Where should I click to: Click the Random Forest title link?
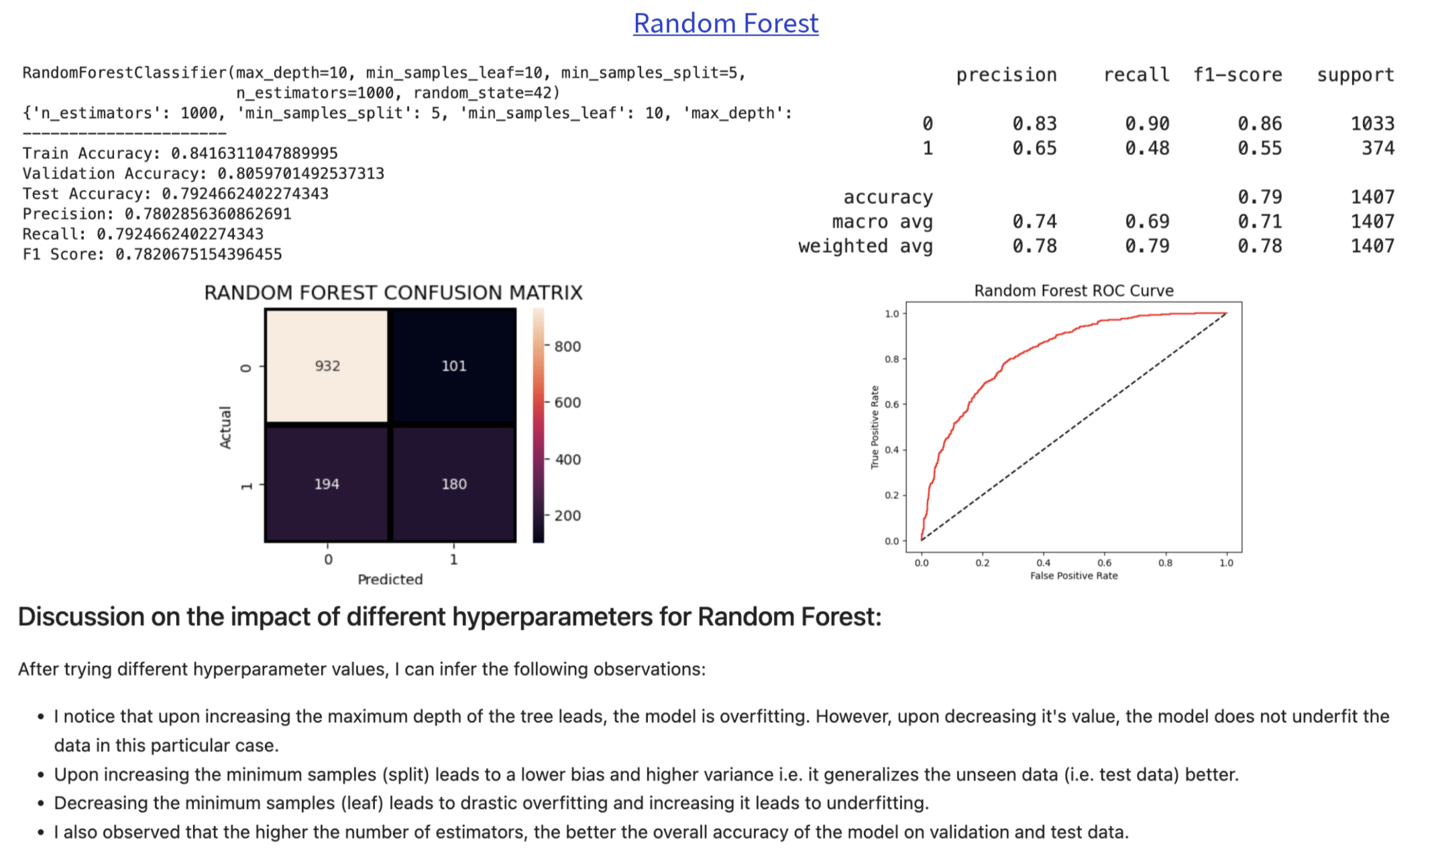[726, 23]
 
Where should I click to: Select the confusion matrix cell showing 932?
[327, 365]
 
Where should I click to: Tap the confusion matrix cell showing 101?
[453, 365]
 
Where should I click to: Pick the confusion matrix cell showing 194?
[327, 484]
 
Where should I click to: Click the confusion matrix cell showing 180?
[453, 484]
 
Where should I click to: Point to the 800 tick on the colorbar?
[567, 346]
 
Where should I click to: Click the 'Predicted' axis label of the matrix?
[390, 579]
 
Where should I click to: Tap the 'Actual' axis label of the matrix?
[225, 427]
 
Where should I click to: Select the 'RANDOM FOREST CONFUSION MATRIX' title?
[393, 292]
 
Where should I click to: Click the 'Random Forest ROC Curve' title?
[1074, 290]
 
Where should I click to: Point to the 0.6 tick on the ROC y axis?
[891, 404]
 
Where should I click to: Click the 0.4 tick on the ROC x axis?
[1043, 563]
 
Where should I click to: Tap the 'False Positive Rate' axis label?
[1074, 575]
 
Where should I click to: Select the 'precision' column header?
[1006, 75]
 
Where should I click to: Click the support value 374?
[1378, 148]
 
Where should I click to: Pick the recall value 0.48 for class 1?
[1147, 148]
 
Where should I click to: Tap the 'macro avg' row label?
[882, 221]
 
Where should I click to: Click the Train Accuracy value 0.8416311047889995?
[254, 154]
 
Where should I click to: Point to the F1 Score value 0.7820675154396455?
[199, 254]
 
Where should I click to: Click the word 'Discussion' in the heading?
[80, 616]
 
